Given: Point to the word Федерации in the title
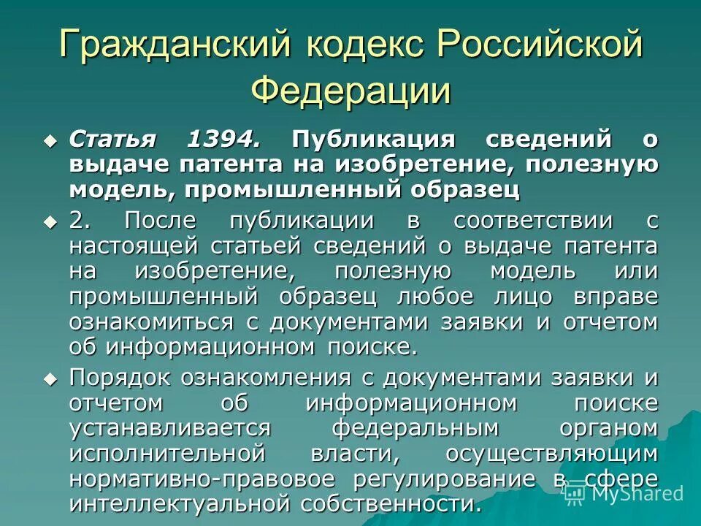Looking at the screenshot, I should [x=350, y=91].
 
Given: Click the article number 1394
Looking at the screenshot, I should [x=223, y=139].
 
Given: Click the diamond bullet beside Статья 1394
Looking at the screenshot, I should [x=50, y=139].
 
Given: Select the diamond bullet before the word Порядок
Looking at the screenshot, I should [x=50, y=378].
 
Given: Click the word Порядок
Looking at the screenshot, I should [x=120, y=378].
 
